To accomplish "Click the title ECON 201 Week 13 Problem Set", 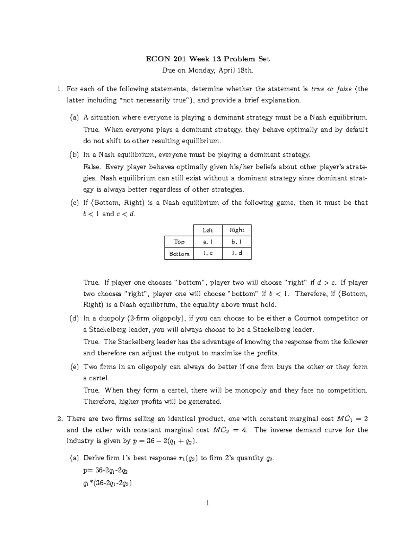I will click(x=208, y=59).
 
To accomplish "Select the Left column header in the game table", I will click(x=208, y=230).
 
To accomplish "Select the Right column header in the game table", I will click(x=237, y=230).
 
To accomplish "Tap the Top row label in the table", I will click(x=179, y=242).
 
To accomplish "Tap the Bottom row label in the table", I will click(x=179, y=254).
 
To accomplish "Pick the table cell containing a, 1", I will click(x=208, y=242).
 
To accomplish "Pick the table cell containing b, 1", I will click(x=237, y=242).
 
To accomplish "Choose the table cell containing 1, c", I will click(x=208, y=254).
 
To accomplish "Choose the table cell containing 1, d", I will click(x=237, y=254).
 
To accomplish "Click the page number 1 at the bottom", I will click(x=208, y=503).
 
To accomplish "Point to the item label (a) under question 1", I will click(x=74, y=118).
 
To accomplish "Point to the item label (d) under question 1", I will click(x=74, y=318).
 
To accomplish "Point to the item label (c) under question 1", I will click(x=74, y=203).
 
